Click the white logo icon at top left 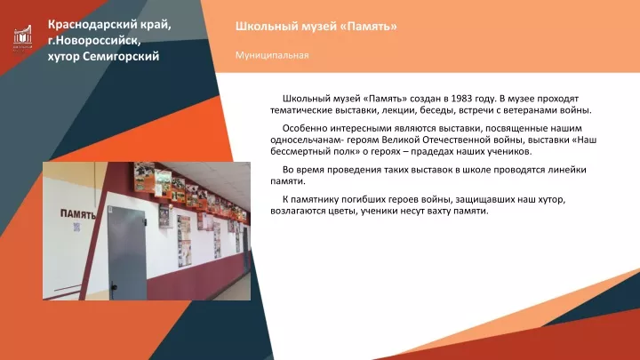tap(22, 36)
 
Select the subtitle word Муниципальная tap(272, 55)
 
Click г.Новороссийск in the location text tap(94, 41)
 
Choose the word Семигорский tap(121, 56)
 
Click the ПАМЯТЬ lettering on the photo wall tap(78, 214)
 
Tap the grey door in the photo tap(126, 253)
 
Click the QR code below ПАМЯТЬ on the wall tap(76, 227)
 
